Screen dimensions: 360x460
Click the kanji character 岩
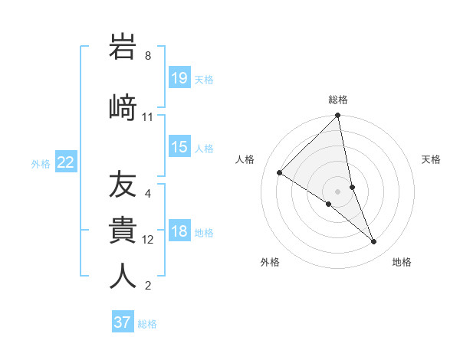[x=123, y=47]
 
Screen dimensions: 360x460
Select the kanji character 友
[x=123, y=185]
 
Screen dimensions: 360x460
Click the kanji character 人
[x=123, y=275]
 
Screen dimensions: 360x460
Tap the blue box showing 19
[x=179, y=77]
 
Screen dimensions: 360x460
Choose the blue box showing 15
[x=179, y=146]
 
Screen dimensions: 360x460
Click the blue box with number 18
[x=179, y=231]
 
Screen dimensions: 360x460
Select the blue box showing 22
[x=66, y=162]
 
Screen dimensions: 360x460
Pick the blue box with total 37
[x=123, y=322]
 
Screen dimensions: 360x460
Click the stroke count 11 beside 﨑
[x=147, y=116]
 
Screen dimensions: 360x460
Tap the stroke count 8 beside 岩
[x=147, y=56]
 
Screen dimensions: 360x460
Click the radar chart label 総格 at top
[x=338, y=100]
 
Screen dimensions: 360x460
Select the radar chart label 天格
[x=432, y=159]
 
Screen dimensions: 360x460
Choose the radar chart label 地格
[x=402, y=262]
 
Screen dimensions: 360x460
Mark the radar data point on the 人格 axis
[x=280, y=173]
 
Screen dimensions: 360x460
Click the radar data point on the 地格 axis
[x=374, y=242]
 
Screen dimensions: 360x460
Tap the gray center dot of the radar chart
[x=338, y=191]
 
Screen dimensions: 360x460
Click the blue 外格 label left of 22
[x=41, y=163]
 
